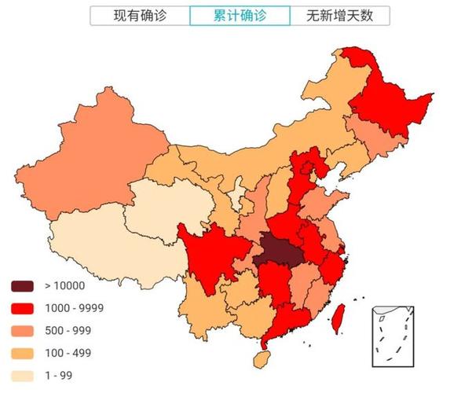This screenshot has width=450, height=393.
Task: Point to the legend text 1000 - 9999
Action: [75, 308]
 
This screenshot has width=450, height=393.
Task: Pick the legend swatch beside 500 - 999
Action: [23, 331]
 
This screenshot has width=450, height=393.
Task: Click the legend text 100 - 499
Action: [70, 354]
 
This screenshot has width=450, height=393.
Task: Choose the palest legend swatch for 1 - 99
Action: [23, 376]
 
